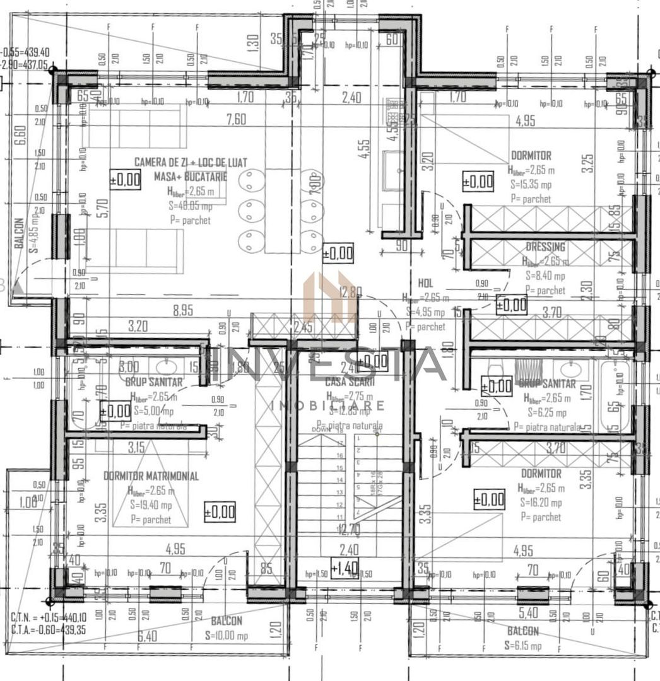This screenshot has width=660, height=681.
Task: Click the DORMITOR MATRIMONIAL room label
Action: coord(151,476)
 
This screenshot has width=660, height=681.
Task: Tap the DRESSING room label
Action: coord(546,247)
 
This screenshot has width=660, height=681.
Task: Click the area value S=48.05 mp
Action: coord(190,206)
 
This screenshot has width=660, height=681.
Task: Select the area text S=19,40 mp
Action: coord(151,505)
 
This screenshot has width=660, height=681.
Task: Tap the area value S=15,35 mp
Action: coord(530,184)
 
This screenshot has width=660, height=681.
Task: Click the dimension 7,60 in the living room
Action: coord(235,119)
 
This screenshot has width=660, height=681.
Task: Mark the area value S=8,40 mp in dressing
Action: coord(545,276)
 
